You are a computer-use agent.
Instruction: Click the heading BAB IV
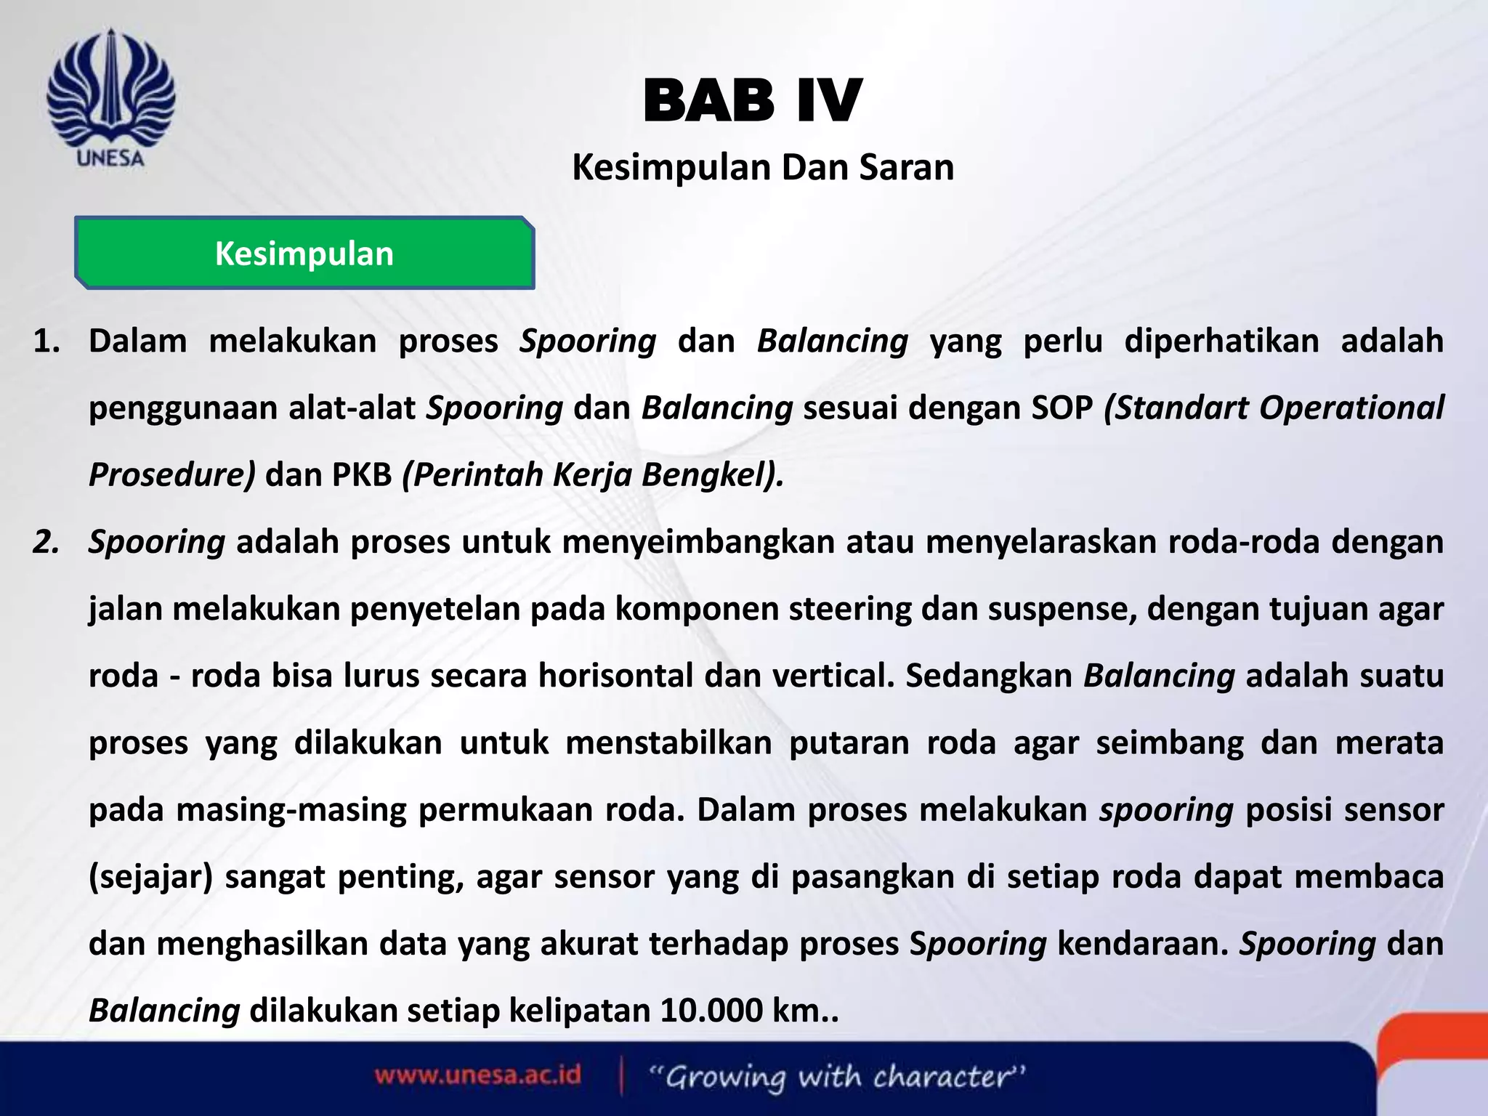752,102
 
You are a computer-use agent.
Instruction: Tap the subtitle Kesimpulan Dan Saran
763,168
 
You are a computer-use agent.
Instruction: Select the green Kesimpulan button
304,254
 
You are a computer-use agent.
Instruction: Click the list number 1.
46,341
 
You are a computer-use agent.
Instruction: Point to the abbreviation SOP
1062,408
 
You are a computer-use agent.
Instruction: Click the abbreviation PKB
362,475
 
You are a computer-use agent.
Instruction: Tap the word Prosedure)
172,475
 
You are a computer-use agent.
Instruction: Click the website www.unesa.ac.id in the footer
477,1075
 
